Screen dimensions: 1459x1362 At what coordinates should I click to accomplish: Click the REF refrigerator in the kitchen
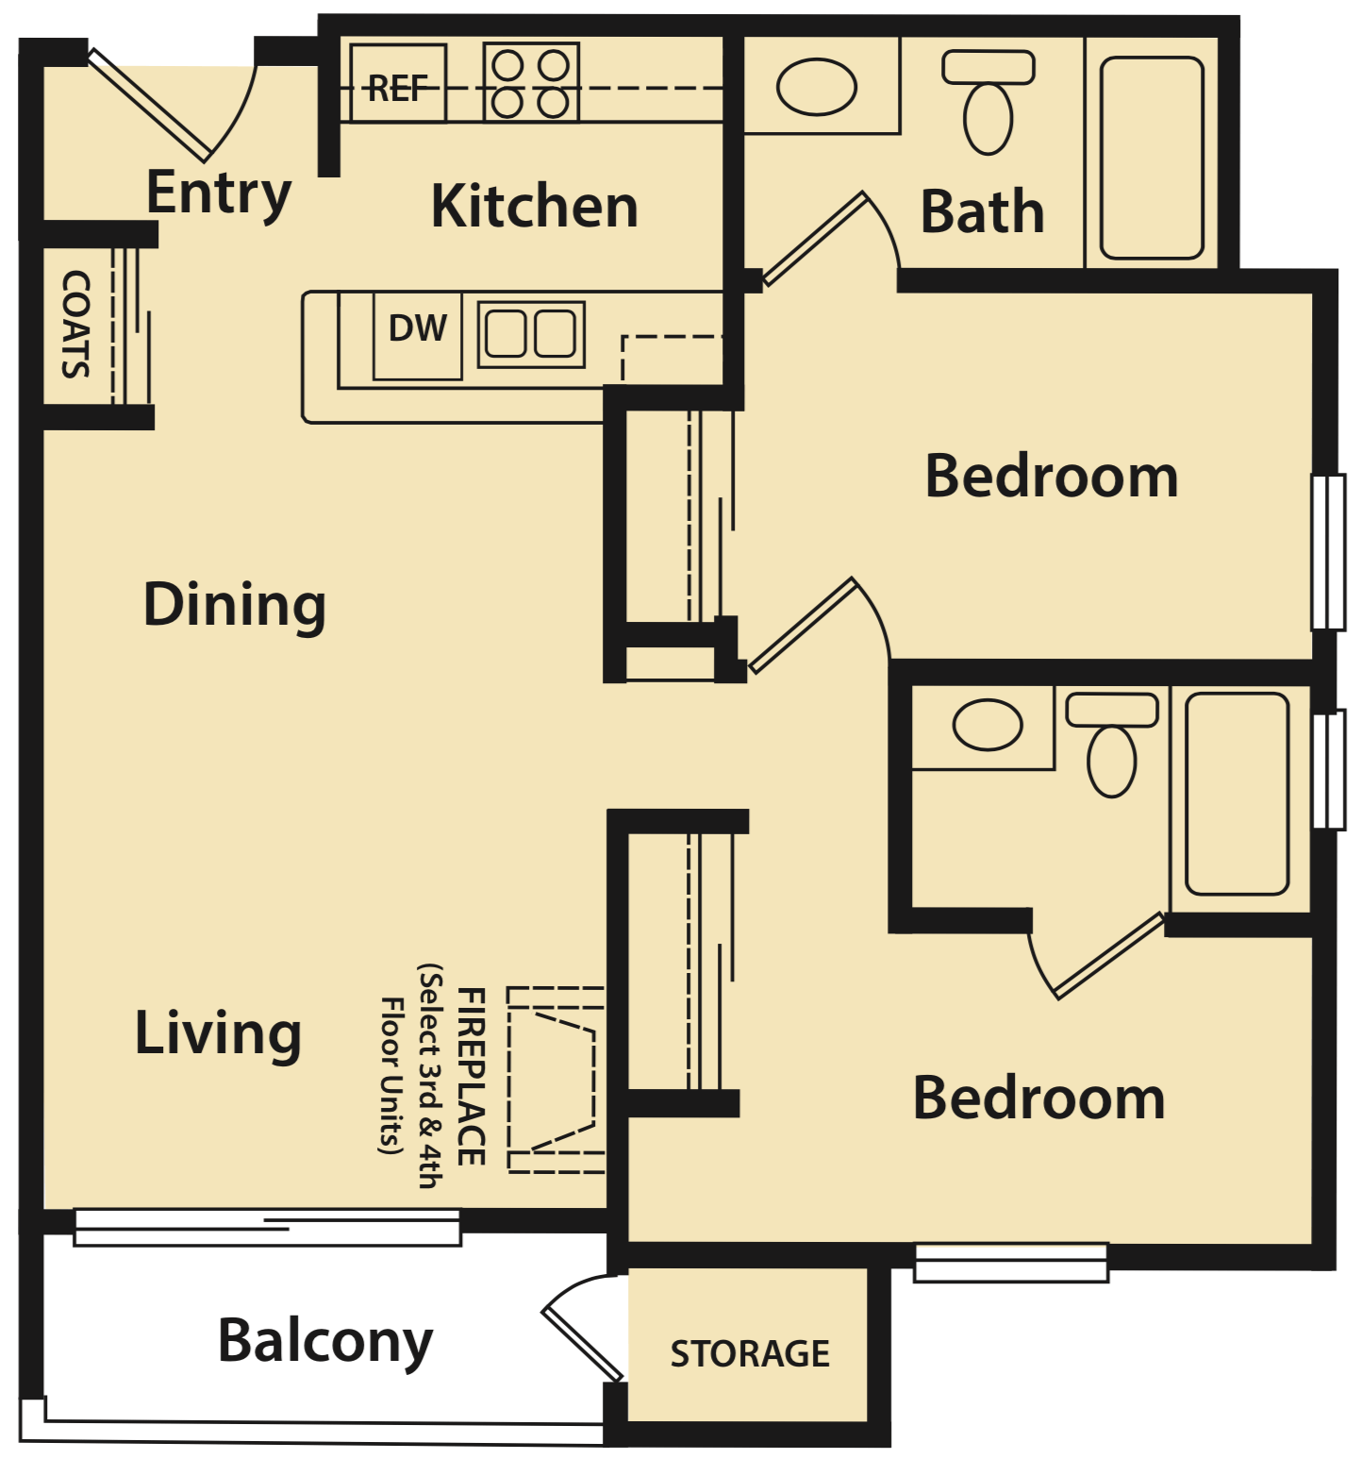(397, 84)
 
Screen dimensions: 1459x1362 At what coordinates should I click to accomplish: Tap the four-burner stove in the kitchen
(531, 83)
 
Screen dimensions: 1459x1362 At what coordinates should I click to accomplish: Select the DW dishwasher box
(417, 335)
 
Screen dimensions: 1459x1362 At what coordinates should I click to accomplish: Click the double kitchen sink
(531, 334)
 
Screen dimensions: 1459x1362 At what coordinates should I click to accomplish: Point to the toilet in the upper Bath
(988, 104)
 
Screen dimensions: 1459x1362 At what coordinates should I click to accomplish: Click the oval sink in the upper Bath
(816, 87)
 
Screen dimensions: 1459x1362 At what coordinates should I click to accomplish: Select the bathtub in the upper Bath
(1152, 158)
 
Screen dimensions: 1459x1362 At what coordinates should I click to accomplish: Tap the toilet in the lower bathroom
(1112, 746)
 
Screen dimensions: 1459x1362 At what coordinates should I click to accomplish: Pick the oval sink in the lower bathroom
(987, 725)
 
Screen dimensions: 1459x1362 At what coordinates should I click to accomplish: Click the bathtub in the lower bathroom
(1237, 794)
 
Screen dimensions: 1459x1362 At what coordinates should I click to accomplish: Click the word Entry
(219, 193)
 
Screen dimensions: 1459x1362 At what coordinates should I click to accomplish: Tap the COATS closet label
(75, 324)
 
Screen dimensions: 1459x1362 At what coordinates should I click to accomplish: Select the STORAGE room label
(750, 1353)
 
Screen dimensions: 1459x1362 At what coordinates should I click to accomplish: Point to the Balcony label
(324, 1341)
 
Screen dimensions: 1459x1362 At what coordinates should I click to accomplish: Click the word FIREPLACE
(472, 1077)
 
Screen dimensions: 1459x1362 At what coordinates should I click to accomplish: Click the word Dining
(234, 605)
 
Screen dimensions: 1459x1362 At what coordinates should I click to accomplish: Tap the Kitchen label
(534, 207)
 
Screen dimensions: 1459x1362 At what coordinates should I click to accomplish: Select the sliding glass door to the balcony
(268, 1227)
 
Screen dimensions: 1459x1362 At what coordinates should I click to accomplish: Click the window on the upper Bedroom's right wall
(1329, 552)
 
